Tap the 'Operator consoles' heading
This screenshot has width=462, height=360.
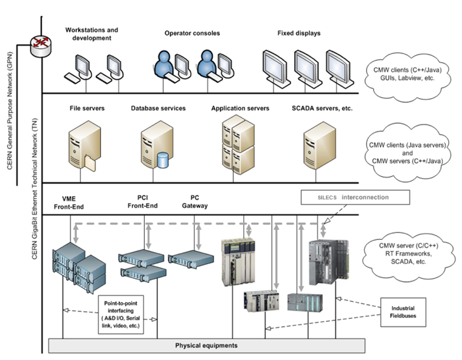click(192, 33)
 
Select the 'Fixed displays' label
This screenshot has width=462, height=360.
click(299, 33)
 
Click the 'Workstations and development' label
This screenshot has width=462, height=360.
click(92, 34)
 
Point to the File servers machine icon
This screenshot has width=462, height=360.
click(85, 145)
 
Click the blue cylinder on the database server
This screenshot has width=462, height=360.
click(163, 160)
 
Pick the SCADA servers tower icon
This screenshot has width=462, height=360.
click(320, 145)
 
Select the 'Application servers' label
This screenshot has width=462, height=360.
click(240, 109)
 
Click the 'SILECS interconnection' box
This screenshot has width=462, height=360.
click(355, 197)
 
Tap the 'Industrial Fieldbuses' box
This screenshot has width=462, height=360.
click(403, 312)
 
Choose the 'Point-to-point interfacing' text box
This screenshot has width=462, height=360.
click(121, 315)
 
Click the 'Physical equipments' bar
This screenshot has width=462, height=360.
click(207, 345)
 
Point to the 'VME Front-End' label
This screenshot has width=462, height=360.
click(69, 203)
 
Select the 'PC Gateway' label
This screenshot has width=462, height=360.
click(194, 202)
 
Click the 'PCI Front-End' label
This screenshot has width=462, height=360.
click(142, 202)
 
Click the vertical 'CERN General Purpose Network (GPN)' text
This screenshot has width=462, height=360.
click(10, 110)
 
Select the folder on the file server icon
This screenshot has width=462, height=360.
click(90, 163)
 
